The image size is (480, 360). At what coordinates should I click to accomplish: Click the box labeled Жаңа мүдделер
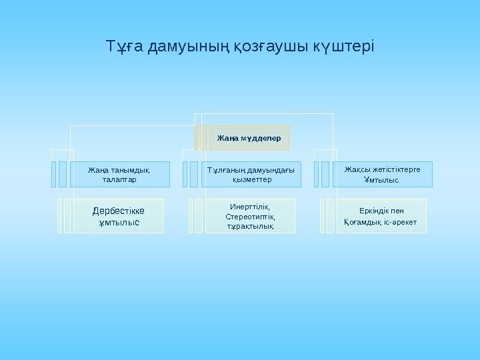click(x=249, y=138)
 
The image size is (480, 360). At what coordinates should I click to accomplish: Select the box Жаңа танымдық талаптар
click(x=120, y=174)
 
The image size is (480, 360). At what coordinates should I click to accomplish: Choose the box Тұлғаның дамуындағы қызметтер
click(x=251, y=174)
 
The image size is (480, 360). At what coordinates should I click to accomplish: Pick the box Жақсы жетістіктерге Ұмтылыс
click(x=382, y=174)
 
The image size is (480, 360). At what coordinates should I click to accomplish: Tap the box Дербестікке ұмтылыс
click(x=119, y=216)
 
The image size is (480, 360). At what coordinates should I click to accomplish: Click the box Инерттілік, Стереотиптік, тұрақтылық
click(x=250, y=216)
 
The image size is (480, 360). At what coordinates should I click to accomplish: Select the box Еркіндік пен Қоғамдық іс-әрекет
click(x=381, y=216)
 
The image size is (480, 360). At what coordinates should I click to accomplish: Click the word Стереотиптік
click(x=250, y=217)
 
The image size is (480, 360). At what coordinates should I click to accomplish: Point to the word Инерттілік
click(x=249, y=207)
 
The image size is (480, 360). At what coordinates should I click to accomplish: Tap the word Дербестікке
click(x=119, y=211)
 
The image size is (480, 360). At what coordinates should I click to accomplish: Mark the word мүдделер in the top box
click(x=263, y=138)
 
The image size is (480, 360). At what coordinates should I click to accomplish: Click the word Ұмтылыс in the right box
click(x=381, y=180)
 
